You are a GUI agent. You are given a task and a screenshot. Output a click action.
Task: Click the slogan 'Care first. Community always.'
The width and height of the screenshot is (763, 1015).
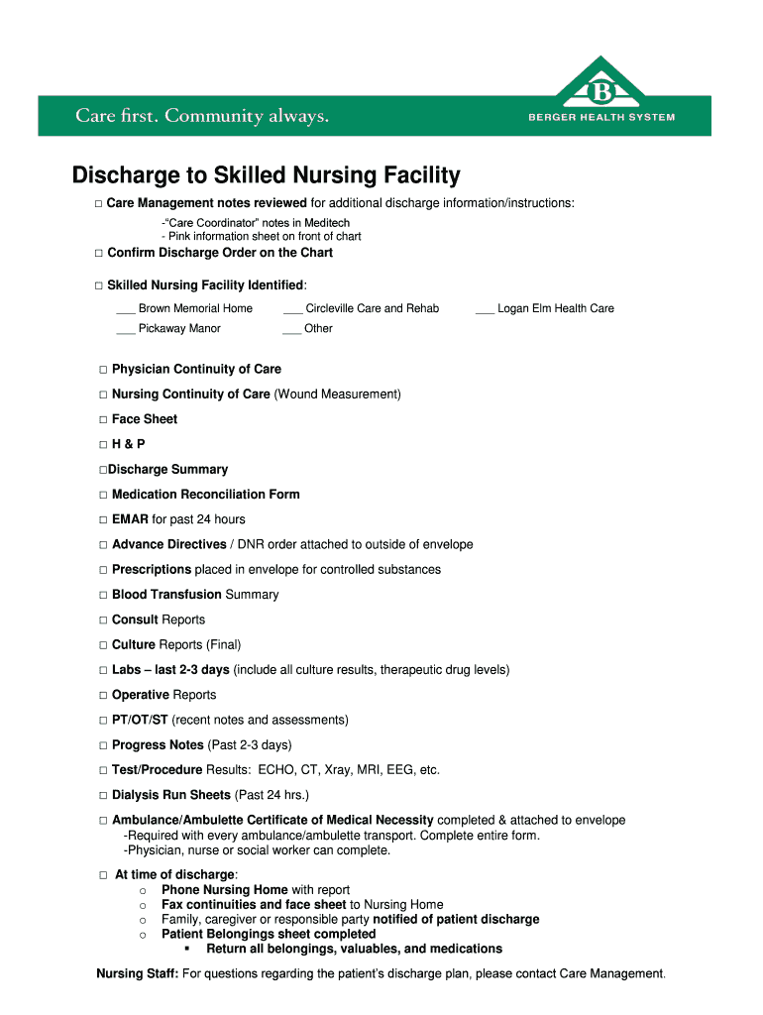coord(202,117)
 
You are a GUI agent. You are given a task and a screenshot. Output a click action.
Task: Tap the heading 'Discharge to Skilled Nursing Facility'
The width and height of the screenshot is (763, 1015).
coord(267,176)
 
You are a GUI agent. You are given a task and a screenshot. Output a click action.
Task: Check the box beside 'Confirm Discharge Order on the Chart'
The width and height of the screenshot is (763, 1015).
coord(99,254)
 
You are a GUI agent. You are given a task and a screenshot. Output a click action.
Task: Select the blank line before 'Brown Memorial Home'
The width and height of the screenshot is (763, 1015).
coord(126,310)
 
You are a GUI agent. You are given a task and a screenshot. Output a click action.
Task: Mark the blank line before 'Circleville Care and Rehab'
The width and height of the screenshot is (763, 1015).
coord(292,310)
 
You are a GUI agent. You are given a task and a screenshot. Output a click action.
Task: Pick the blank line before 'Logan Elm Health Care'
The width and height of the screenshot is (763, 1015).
coord(485,310)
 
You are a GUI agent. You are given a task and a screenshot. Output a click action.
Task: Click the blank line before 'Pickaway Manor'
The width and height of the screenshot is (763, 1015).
coord(126,330)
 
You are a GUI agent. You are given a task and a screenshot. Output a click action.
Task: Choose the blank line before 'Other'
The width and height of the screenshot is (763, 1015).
coord(291,330)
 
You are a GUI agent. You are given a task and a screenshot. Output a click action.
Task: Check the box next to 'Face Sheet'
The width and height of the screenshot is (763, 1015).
coord(103,420)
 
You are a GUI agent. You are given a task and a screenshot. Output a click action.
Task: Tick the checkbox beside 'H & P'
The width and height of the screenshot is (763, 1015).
coord(103,445)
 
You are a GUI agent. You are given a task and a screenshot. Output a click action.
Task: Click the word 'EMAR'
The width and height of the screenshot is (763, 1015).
coord(130,519)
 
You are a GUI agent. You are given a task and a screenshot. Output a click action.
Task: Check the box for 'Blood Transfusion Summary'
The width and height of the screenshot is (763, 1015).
coord(103,596)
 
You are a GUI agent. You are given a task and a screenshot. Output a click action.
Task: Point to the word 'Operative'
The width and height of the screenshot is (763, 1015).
coord(141,695)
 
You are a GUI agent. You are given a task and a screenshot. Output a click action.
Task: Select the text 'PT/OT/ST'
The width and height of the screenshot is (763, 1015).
coord(140,720)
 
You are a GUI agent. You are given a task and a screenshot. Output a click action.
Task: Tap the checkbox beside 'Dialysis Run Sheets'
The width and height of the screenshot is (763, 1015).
coord(103,796)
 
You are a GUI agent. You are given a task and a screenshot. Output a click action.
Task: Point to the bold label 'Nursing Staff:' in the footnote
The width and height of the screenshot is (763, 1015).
coord(137,973)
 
